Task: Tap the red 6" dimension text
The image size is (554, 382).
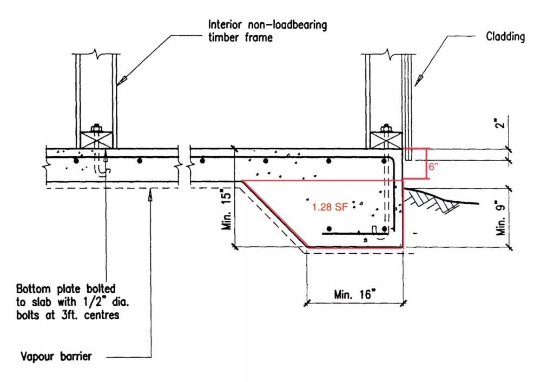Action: (x=433, y=168)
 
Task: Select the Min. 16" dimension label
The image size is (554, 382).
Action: (x=354, y=294)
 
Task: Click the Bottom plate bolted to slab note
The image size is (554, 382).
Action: (x=68, y=301)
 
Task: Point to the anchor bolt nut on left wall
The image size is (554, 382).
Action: (x=97, y=129)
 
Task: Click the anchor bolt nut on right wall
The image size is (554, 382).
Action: (x=386, y=129)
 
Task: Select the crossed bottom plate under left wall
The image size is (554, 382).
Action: (x=97, y=140)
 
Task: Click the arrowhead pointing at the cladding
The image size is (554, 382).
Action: (x=417, y=81)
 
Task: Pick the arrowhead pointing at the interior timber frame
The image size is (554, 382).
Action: (x=122, y=80)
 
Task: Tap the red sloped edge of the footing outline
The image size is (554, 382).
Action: (x=274, y=214)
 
